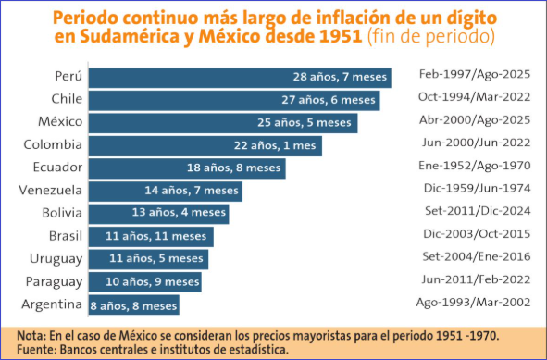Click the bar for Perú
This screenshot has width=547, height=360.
(x=240, y=78)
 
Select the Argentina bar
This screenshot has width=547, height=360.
(x=134, y=305)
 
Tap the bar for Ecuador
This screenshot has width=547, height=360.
(x=187, y=168)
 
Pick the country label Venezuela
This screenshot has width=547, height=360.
(x=50, y=191)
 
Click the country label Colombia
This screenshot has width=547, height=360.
(x=53, y=144)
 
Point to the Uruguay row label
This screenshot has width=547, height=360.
(x=56, y=259)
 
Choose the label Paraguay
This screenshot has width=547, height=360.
(x=54, y=282)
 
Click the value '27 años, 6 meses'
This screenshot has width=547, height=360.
(x=329, y=100)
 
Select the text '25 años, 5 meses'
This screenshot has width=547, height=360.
(x=305, y=123)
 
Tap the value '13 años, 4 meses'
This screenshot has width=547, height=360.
(x=179, y=213)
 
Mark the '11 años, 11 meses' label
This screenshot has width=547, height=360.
(x=155, y=236)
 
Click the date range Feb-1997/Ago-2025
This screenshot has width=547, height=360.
(x=475, y=75)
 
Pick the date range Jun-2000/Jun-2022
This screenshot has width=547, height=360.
(x=476, y=143)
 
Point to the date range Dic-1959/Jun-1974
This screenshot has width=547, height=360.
(x=478, y=189)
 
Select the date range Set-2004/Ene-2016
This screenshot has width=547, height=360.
(x=477, y=257)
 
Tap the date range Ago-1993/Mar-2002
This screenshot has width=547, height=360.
(x=473, y=303)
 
